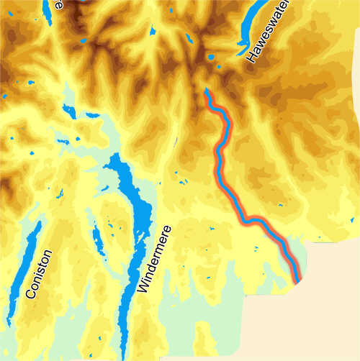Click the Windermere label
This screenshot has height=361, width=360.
pos(152,258)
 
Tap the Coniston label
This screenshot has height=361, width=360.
pos(40,274)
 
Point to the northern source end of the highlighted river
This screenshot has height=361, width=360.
pos(207,92)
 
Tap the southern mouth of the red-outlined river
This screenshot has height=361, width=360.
pos(297,278)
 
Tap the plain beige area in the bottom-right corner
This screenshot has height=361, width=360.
pos(310,324)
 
